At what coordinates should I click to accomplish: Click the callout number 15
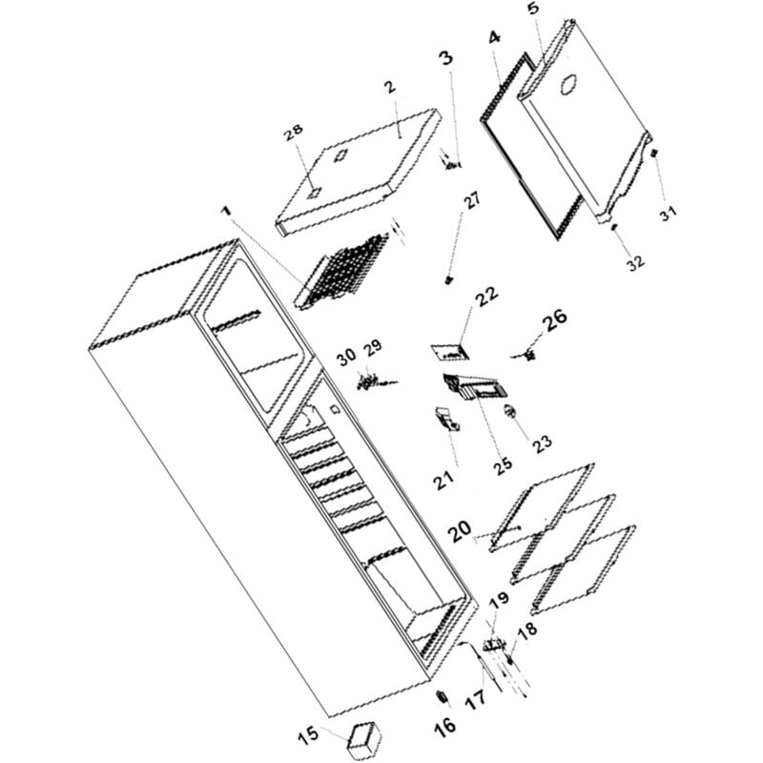(x=306, y=735)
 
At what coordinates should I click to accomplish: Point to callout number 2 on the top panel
(x=389, y=88)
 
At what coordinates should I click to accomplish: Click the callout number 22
(x=486, y=298)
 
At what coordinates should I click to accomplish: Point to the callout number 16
(x=444, y=725)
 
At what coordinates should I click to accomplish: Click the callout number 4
(x=493, y=39)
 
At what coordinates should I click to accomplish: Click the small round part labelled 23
(x=510, y=411)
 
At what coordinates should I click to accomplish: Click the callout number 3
(x=445, y=58)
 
